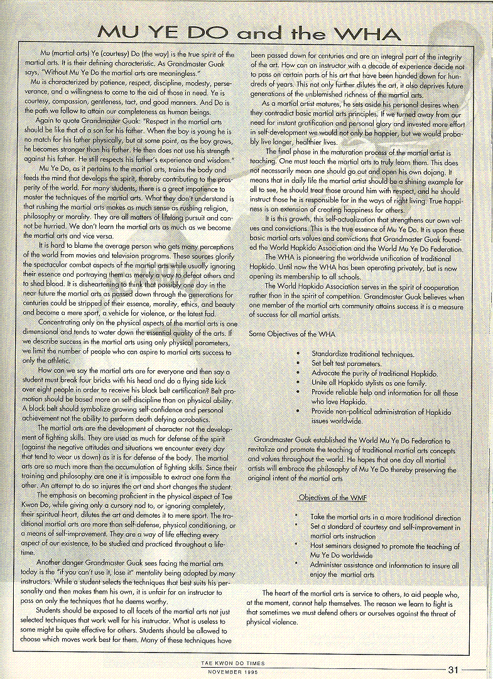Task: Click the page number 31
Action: pyautogui.click(x=453, y=669)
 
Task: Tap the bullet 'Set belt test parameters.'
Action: pyautogui.click(x=346, y=364)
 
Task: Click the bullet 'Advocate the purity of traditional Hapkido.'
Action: pyautogui.click(x=374, y=373)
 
